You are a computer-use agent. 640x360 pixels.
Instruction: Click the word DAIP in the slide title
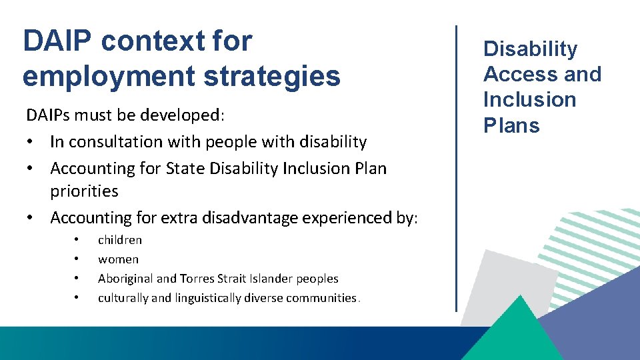tap(57, 41)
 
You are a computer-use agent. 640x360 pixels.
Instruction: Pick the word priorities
tap(84, 191)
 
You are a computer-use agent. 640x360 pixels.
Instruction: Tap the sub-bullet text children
tap(120, 240)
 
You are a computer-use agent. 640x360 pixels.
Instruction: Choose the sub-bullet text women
tap(118, 259)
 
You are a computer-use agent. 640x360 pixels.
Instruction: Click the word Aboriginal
tap(125, 279)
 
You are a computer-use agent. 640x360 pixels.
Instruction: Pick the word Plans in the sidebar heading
tap(511, 125)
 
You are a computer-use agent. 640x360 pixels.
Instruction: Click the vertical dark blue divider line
tap(456, 167)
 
